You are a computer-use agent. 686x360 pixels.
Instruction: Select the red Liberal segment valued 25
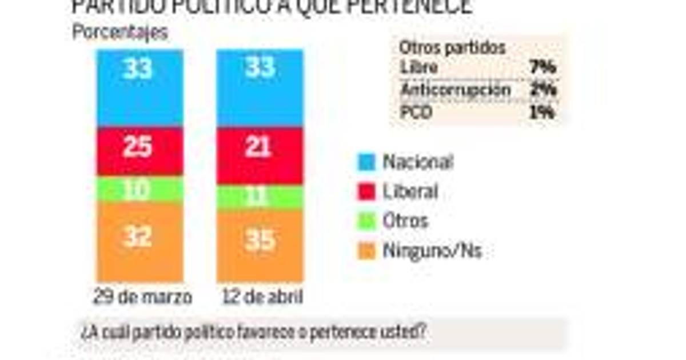coord(139,150)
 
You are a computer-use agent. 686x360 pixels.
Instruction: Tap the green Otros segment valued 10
coord(139,189)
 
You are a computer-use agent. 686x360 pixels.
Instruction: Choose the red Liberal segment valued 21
coord(260,155)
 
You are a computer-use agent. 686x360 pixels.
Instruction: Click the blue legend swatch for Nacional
coord(366,162)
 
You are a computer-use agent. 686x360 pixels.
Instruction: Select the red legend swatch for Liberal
coord(366,191)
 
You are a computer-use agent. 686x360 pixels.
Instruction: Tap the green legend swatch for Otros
coord(366,221)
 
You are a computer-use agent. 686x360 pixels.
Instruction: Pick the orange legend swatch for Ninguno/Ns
coord(366,251)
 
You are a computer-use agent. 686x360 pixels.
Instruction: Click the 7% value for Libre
coord(543,67)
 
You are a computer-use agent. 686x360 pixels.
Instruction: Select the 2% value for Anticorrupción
coord(543,90)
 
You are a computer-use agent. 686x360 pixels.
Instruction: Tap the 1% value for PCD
coord(543,112)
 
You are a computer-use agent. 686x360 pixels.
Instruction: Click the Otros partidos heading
coord(452,48)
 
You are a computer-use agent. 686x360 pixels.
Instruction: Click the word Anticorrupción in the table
coord(455,90)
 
